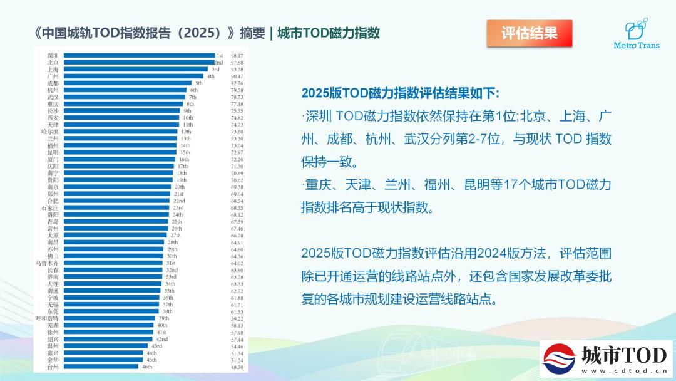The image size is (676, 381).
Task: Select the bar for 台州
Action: pyautogui.click(x=101, y=367)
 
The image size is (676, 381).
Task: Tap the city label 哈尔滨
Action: pyautogui.click(x=50, y=132)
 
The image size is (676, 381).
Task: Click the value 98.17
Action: pyautogui.click(x=237, y=56)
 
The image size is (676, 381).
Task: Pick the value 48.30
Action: pyautogui.click(x=237, y=367)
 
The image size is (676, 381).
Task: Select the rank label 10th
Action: pyautogui.click(x=188, y=118)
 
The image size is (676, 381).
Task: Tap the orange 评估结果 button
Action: pyautogui.click(x=530, y=33)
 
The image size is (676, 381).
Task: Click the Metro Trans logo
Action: pyautogui.click(x=636, y=35)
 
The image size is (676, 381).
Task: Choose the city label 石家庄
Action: pyautogui.click(x=50, y=207)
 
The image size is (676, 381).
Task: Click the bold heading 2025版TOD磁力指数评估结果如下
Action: pyautogui.click(x=401, y=93)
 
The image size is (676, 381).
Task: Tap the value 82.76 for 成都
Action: pyautogui.click(x=237, y=83)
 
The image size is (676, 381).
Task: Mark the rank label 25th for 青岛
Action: pyautogui.click(x=177, y=222)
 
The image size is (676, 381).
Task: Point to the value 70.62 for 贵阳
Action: pyautogui.click(x=237, y=180)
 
